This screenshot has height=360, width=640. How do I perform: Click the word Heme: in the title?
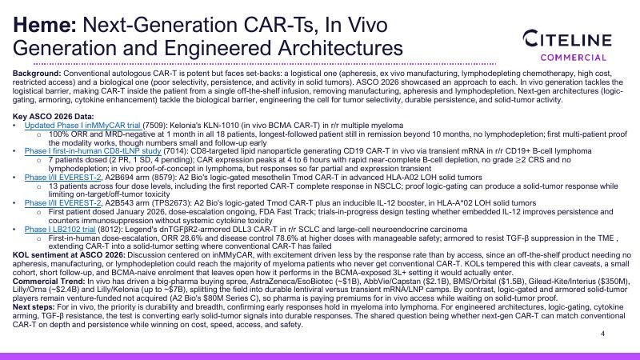point(45,25)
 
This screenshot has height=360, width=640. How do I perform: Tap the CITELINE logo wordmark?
point(567,39)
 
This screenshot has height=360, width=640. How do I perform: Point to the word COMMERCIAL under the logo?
point(574,58)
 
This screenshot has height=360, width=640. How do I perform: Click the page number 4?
point(603,334)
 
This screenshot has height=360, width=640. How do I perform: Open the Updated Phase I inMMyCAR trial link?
point(82,126)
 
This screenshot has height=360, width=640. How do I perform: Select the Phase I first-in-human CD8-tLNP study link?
point(93,151)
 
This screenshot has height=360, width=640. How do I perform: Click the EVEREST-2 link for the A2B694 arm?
point(62,178)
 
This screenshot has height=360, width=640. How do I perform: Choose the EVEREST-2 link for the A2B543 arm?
point(62,203)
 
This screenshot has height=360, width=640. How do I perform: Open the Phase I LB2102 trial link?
point(60,230)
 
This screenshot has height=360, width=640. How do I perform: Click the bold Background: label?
point(37,74)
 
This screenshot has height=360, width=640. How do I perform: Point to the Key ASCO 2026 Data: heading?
point(53,116)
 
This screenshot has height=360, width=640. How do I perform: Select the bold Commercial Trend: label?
point(49,282)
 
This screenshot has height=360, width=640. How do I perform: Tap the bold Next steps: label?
point(34,307)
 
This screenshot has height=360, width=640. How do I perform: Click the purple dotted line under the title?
point(265,64)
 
